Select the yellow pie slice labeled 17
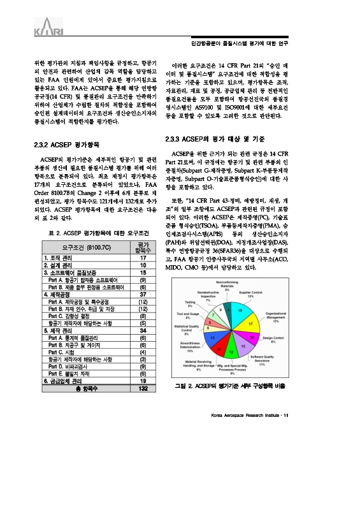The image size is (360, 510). click(251, 324)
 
